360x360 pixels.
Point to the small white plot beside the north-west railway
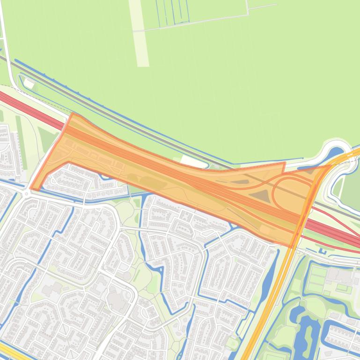pos(29,84)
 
